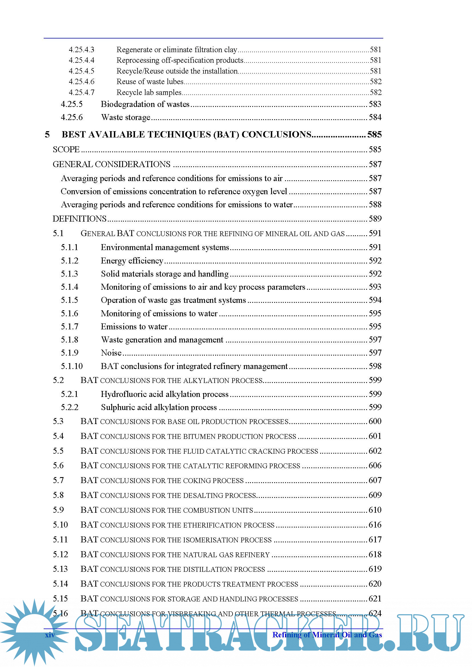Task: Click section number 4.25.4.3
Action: pos(81,50)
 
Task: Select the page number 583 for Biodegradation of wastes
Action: pos(375,104)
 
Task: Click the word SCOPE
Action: pos(66,149)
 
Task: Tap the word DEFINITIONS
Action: pos(79,219)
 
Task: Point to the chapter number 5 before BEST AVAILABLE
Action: pos(47,134)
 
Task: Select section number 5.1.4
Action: pos(69,287)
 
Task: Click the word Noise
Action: pos(111,353)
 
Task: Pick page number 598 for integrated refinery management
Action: pos(375,366)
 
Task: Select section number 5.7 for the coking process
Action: pos(58,480)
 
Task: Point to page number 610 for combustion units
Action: pos(375,510)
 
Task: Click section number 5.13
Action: pos(60,569)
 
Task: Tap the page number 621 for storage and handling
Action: pos(375,599)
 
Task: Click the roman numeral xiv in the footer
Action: pos(50,635)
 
